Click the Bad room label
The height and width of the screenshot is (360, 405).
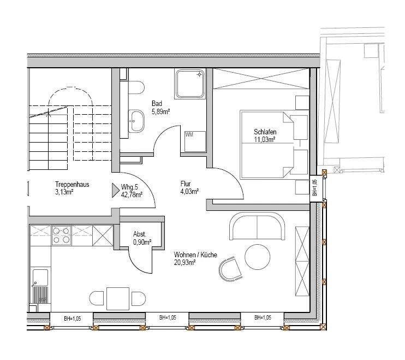point(157,104)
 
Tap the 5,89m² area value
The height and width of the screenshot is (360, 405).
point(160,111)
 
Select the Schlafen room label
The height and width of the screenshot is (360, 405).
point(265,132)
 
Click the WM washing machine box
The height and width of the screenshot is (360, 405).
point(195,141)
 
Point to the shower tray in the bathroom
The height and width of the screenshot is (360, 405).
point(190,84)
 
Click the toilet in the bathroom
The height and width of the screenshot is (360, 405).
point(136,88)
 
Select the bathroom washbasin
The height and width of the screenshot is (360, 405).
point(136,121)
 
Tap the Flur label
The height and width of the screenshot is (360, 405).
point(186,184)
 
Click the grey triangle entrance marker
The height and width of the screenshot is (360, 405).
point(115,191)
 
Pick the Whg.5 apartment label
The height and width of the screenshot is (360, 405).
point(129,187)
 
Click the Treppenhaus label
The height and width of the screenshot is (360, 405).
point(72,184)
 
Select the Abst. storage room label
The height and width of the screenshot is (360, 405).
point(140,234)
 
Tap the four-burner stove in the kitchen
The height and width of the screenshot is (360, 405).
point(62,235)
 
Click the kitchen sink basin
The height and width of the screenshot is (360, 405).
point(40,278)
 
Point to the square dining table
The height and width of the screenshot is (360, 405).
point(118,298)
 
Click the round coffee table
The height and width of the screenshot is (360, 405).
point(257,257)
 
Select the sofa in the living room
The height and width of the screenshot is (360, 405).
point(257,226)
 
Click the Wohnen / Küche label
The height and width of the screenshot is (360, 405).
point(195,255)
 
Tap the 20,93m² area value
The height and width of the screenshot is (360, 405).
point(184,263)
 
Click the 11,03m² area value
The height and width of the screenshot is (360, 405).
point(264,139)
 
